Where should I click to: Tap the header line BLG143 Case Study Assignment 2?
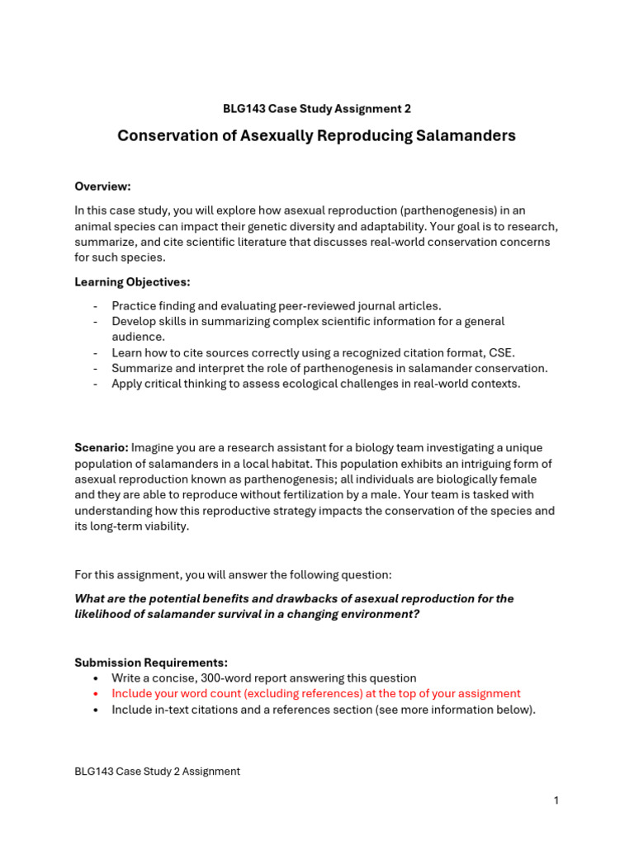pos(316,109)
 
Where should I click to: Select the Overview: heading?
pos(102,186)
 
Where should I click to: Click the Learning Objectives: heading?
pos(132,282)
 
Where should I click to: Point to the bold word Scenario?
pos(101,447)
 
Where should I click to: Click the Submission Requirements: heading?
pos(151,663)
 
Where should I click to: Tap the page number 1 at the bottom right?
pos(556,800)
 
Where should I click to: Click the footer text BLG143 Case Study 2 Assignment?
pos(157,772)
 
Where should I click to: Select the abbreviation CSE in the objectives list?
pos(497,352)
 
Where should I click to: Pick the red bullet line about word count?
pos(316,694)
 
